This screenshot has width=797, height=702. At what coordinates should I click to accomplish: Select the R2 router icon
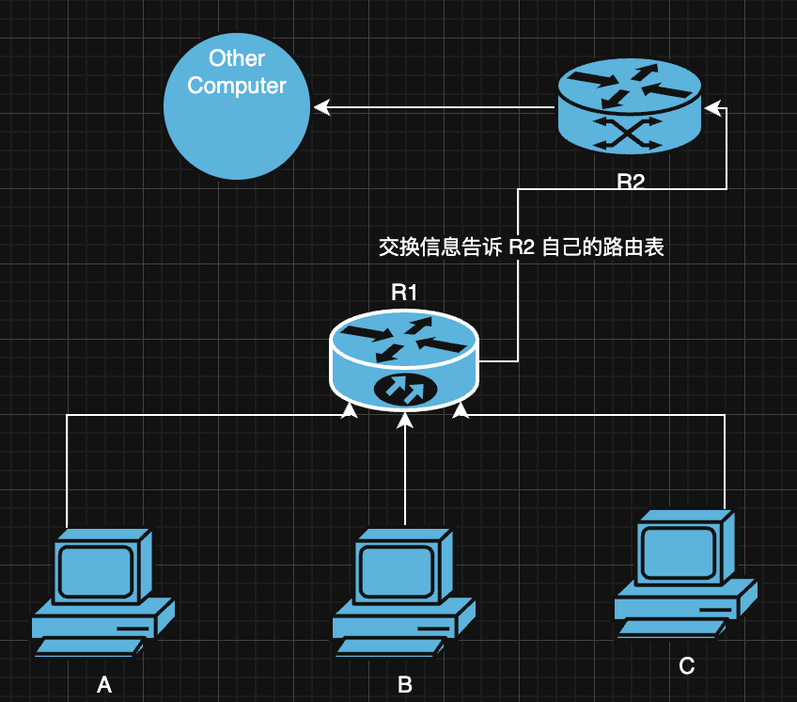coord(629,105)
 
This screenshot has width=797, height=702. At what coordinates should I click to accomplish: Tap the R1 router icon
coord(404,363)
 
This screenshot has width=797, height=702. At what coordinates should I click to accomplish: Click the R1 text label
coord(404,293)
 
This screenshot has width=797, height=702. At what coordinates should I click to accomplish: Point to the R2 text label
coord(630,182)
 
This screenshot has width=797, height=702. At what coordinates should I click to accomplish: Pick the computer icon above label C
coord(685,574)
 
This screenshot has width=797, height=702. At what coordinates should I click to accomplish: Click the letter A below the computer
coord(104,685)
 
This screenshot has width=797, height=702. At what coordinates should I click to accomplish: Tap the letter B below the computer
coord(405,685)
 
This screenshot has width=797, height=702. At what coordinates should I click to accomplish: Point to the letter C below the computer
coord(687,666)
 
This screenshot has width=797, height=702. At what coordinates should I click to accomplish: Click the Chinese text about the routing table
coord(521,247)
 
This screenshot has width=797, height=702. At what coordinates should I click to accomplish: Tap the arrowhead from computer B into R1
coord(405,420)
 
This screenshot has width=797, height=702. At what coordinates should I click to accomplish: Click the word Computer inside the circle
coord(237,86)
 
